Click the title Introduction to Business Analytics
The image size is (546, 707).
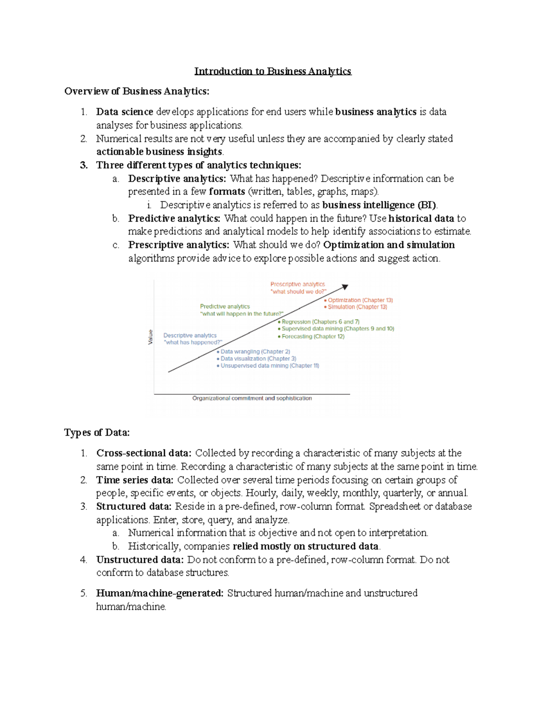click(x=273, y=71)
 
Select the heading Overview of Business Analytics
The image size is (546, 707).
click(x=136, y=91)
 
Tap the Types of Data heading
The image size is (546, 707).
click(x=97, y=432)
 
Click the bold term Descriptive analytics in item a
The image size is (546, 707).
click(x=177, y=178)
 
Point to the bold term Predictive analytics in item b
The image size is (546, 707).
click(x=174, y=219)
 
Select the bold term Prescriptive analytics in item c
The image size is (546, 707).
click(x=178, y=245)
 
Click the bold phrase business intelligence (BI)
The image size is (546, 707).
click(x=379, y=205)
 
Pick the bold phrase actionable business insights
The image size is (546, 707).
click(x=159, y=152)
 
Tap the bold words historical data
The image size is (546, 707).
click(x=421, y=219)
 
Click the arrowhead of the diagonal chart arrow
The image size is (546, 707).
click(x=345, y=287)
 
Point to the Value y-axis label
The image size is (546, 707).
click(x=150, y=337)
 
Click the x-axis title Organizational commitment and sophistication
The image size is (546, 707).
click(x=252, y=398)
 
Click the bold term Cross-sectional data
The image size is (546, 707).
click(x=143, y=453)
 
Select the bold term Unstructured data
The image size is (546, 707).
click(x=140, y=559)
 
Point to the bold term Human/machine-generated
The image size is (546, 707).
click(x=160, y=593)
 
